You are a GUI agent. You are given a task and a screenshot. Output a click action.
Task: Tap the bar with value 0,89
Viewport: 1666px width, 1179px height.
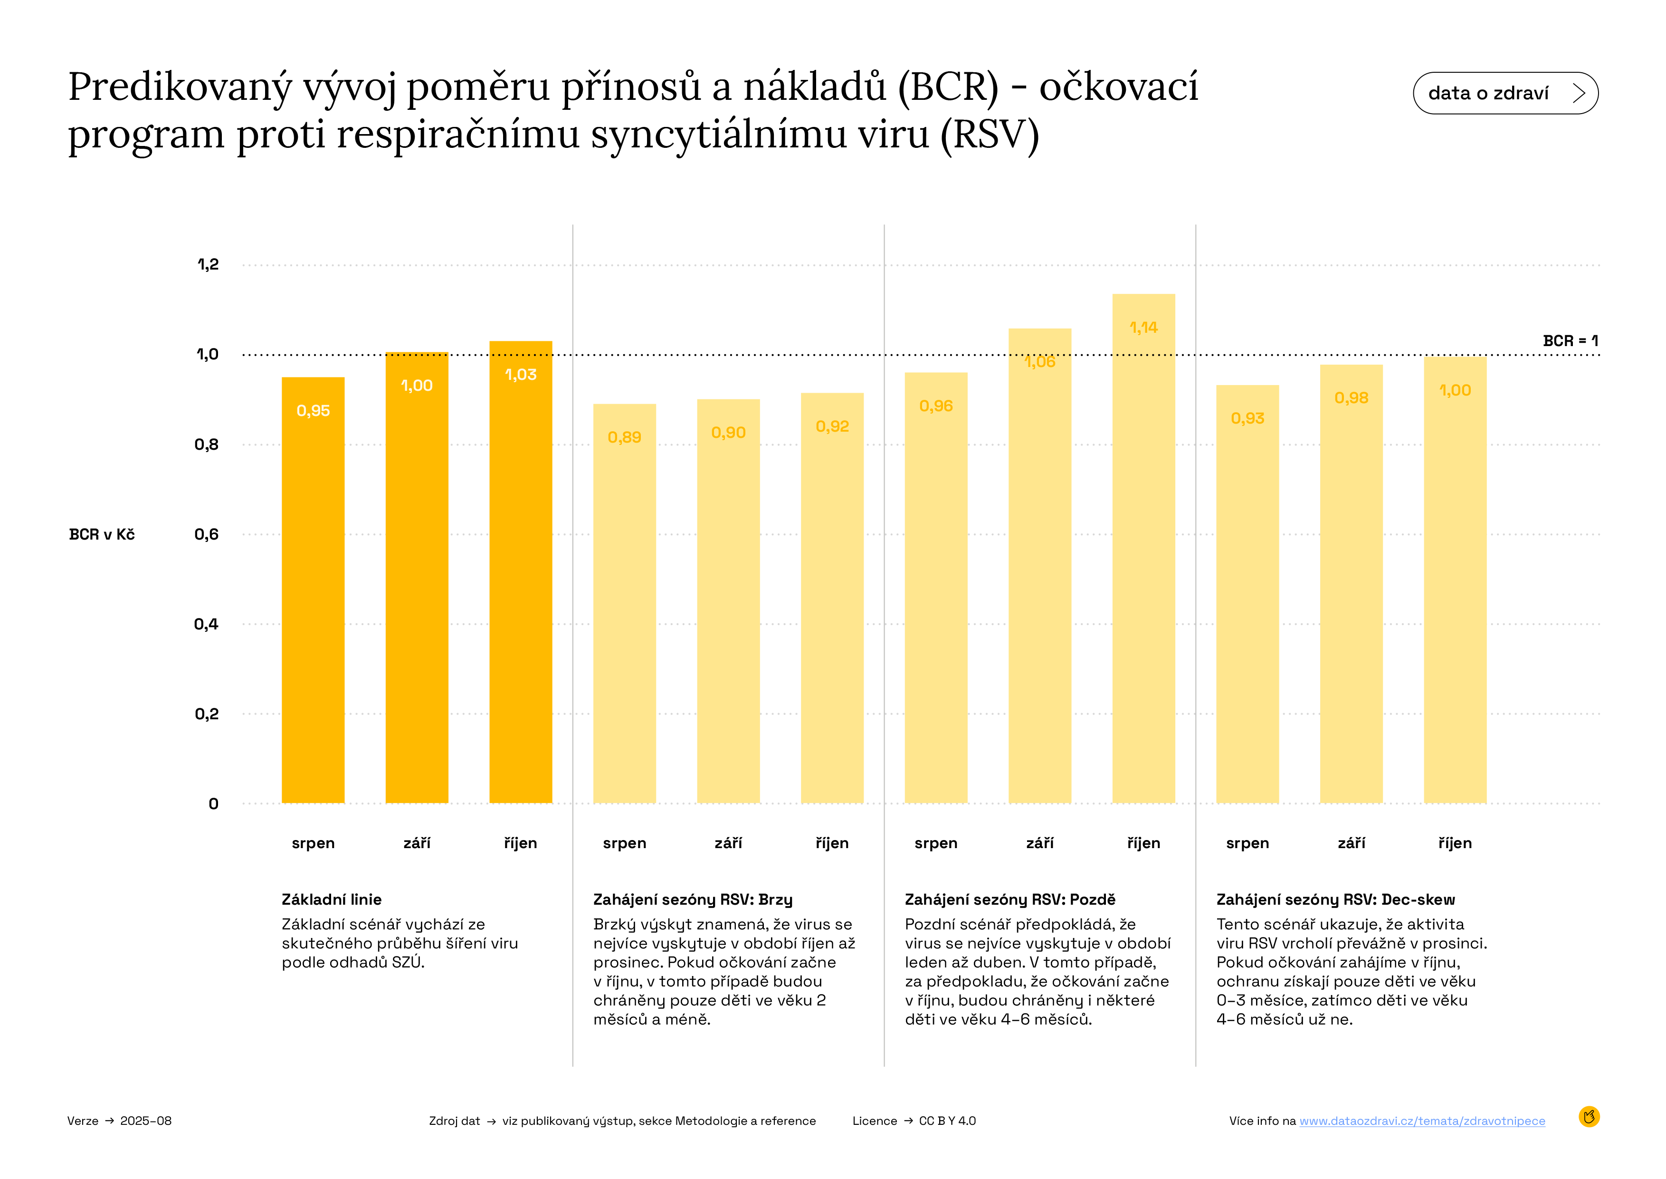point(624,602)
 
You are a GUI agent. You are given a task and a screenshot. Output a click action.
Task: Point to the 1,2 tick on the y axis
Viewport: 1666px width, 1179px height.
point(208,264)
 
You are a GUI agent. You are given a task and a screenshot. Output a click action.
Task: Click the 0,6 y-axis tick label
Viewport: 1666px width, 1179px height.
point(206,534)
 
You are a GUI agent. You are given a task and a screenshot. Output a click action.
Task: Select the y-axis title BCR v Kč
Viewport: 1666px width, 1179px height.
point(102,534)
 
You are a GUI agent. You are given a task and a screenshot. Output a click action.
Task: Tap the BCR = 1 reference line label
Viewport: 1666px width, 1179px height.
point(1570,340)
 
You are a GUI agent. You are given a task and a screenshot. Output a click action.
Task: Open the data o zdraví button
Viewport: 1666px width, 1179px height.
point(1505,93)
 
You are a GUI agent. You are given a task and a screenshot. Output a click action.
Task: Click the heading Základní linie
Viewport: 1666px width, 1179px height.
point(332,899)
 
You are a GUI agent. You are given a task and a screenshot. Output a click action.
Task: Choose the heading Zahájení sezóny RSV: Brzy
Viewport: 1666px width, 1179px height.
point(692,899)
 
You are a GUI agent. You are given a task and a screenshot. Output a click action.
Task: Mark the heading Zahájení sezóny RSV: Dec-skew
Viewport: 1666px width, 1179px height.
point(1335,899)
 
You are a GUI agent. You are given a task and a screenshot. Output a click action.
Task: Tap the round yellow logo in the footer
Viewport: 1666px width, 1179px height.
point(1589,1117)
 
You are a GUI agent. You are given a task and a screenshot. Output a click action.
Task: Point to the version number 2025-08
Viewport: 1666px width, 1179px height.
point(146,1121)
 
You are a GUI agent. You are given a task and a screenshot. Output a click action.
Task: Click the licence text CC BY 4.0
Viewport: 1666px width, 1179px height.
point(947,1121)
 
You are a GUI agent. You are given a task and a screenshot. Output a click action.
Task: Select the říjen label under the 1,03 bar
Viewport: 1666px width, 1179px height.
point(520,843)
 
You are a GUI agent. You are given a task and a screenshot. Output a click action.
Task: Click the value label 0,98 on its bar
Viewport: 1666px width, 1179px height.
point(1351,398)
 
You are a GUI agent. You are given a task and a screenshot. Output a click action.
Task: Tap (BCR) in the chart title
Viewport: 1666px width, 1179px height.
point(948,87)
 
